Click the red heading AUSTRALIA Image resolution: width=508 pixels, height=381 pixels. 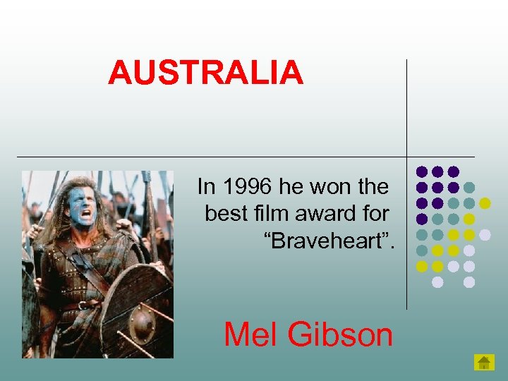pos(205,73)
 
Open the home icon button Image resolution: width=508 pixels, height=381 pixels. pos(483,363)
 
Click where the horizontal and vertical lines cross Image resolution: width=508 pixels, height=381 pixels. pos(406,157)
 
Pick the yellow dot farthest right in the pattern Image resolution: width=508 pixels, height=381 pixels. pos(485,203)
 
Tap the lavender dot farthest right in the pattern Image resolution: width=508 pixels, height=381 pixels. pos(485,234)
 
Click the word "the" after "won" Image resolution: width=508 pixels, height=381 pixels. pos(373,187)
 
